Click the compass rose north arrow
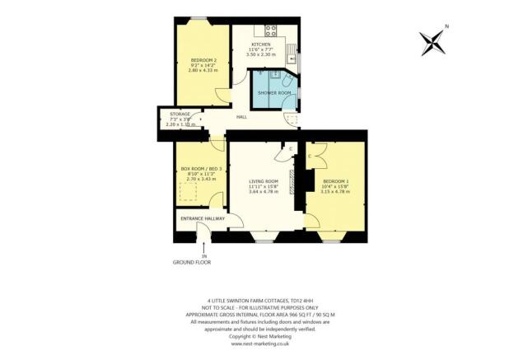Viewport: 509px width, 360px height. (x=432, y=40)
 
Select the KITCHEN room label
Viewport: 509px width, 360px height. (x=261, y=44)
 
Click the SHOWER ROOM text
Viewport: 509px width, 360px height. (x=274, y=93)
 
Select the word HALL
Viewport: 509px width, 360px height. (x=241, y=117)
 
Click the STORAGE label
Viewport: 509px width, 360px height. (x=180, y=114)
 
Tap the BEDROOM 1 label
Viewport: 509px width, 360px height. (x=336, y=180)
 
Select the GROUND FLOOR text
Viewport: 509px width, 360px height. (x=192, y=261)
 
